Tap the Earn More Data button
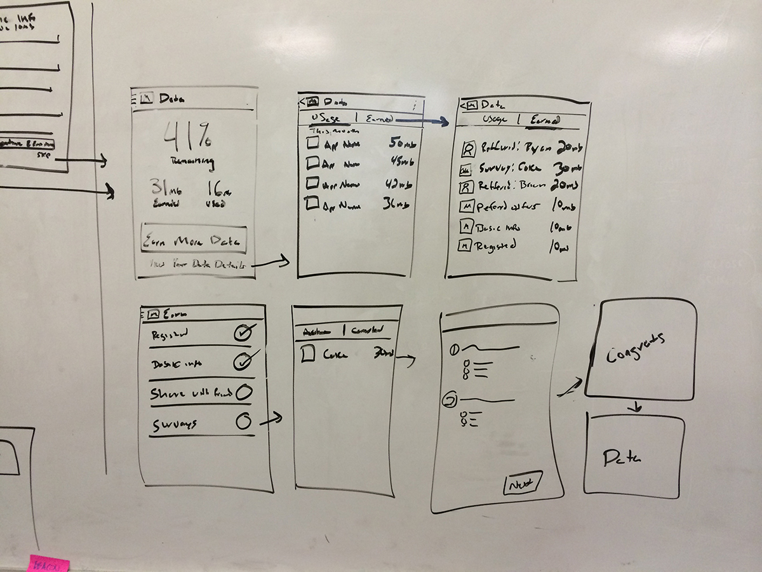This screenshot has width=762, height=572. pyautogui.click(x=193, y=240)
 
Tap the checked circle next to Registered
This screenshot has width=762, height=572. pyautogui.click(x=243, y=332)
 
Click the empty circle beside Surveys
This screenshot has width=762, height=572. pyautogui.click(x=243, y=420)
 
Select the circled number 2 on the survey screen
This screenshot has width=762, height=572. pyautogui.click(x=450, y=400)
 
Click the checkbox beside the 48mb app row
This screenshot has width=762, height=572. pyautogui.click(x=311, y=163)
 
